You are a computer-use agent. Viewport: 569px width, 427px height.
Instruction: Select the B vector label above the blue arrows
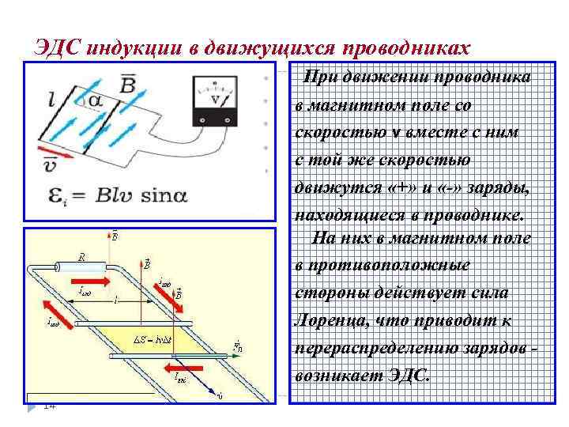(x=126, y=82)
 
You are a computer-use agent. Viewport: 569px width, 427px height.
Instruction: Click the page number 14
(x=49, y=406)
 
